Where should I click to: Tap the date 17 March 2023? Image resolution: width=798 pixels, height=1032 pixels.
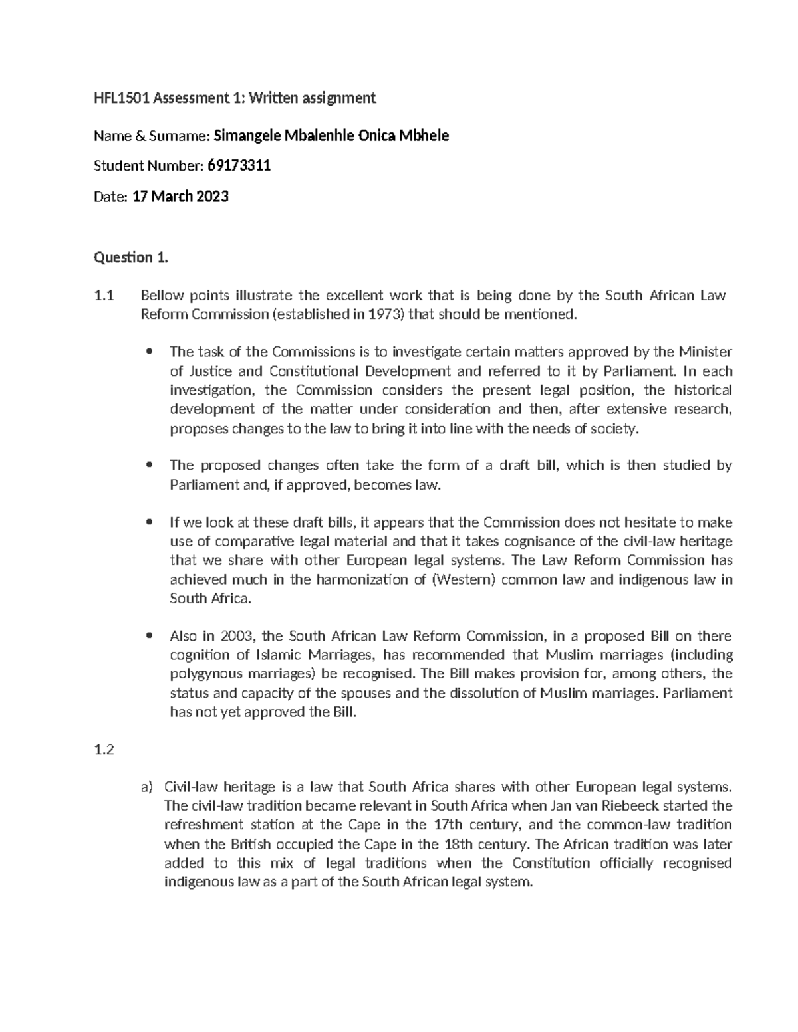(x=181, y=197)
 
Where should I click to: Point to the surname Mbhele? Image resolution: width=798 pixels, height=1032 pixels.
(x=426, y=136)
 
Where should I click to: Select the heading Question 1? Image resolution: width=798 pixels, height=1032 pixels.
(x=131, y=258)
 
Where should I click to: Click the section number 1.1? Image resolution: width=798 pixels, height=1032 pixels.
(x=104, y=296)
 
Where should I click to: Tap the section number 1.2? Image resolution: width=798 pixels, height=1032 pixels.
(x=104, y=750)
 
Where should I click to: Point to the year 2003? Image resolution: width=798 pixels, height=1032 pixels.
(x=239, y=636)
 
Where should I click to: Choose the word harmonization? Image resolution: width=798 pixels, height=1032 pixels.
(x=362, y=579)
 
